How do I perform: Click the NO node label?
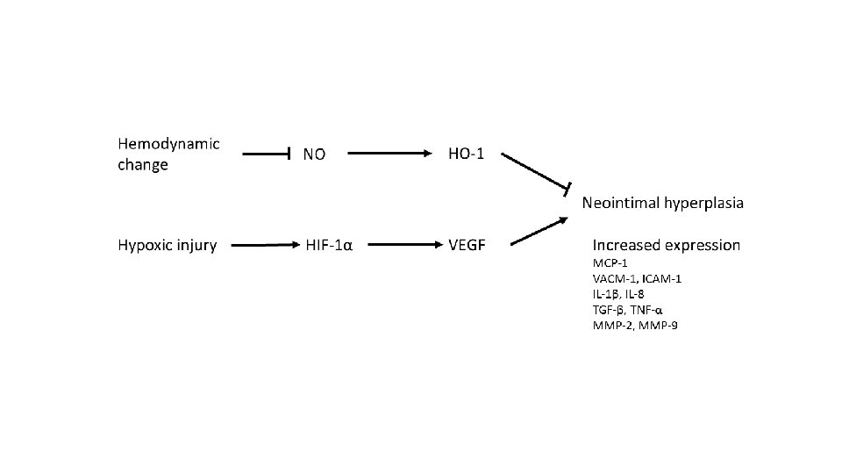click(x=314, y=154)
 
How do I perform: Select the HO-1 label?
click(x=466, y=154)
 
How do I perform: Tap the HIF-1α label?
click(x=329, y=245)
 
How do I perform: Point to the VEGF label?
click(x=467, y=245)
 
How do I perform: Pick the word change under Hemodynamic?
click(x=142, y=164)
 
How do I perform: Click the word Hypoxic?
click(x=146, y=245)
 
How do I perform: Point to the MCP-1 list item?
click(x=610, y=263)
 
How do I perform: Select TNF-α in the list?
click(x=646, y=310)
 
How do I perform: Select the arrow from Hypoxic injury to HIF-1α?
click(x=261, y=247)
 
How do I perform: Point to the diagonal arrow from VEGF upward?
click(x=536, y=231)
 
